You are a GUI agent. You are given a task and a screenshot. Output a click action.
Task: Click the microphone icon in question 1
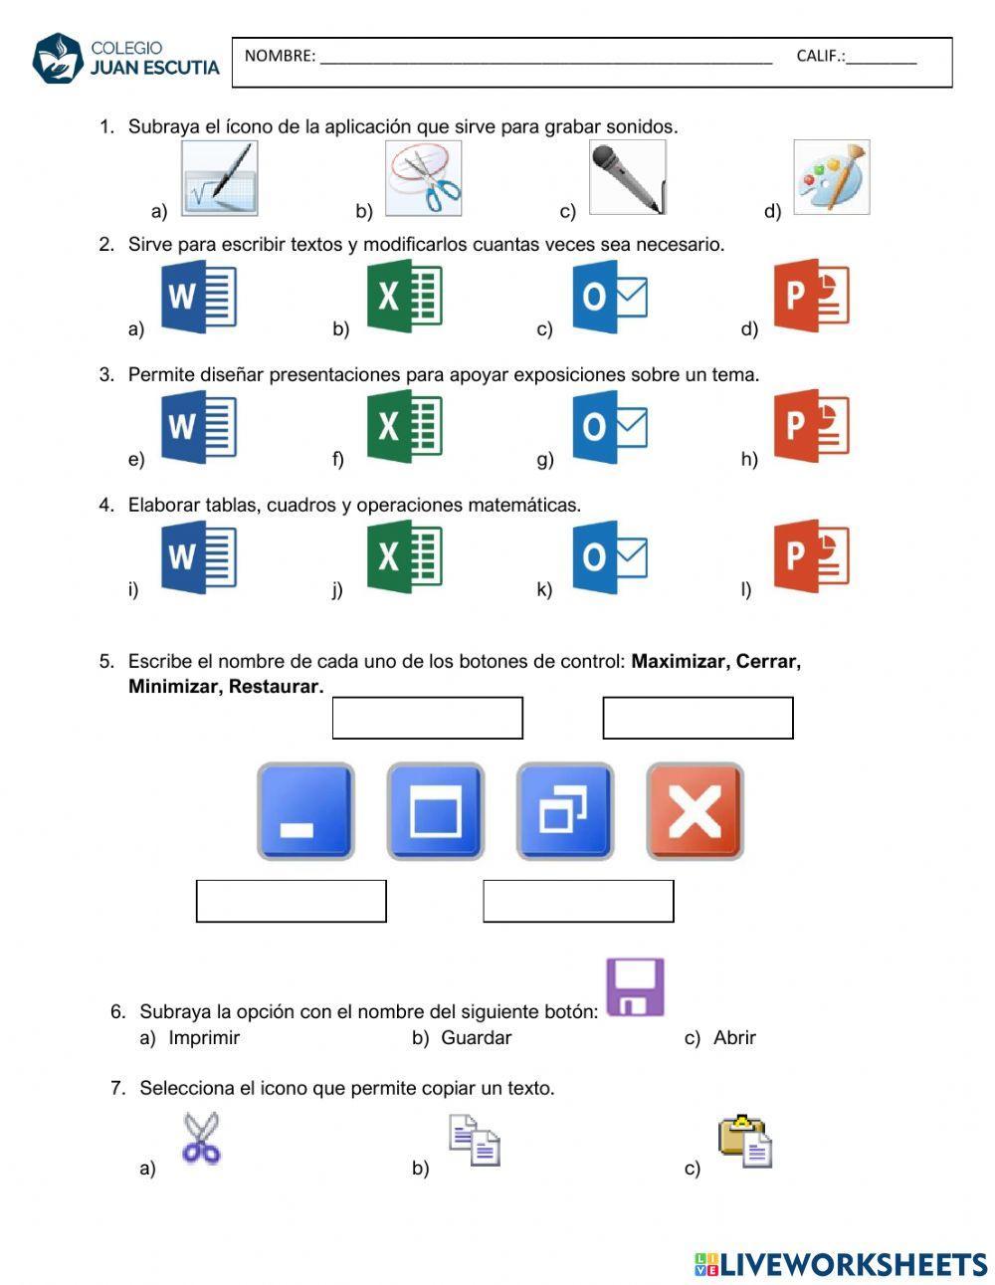coord(627,177)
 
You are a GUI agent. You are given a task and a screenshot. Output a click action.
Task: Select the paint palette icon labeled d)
coord(831,177)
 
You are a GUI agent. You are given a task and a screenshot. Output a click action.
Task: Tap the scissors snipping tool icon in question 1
coord(423,178)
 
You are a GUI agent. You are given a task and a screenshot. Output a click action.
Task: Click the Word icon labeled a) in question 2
coord(199,297)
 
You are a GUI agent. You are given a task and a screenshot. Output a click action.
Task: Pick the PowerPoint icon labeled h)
coord(812,426)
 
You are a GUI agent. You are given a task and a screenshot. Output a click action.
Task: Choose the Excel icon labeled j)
coord(404,556)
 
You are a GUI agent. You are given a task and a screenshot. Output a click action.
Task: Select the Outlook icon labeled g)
coord(609,426)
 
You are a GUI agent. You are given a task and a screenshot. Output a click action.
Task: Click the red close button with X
coord(695,811)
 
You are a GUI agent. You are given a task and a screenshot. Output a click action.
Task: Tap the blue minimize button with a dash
coord(305,811)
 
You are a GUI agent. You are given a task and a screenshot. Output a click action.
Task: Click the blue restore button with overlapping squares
coord(564,811)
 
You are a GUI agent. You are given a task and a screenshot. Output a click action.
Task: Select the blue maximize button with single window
coord(435,811)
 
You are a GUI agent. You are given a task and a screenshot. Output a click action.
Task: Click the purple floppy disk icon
coord(635,986)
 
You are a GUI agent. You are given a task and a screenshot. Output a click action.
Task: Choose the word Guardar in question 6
coord(476,1038)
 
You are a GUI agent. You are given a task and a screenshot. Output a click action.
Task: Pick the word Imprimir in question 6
coord(204,1038)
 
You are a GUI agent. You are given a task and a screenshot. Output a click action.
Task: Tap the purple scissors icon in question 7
coord(201,1139)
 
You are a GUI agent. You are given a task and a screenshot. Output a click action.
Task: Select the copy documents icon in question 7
coord(474,1141)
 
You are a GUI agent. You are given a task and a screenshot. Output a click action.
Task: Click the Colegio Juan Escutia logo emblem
coord(58,59)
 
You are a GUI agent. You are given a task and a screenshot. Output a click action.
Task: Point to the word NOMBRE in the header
coord(279,56)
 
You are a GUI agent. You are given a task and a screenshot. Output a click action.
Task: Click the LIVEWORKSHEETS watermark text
coord(853,1264)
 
